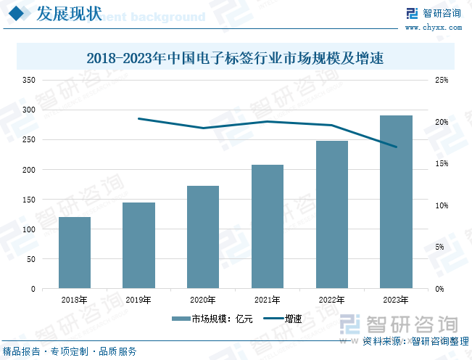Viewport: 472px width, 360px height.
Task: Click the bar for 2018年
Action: pos(75,253)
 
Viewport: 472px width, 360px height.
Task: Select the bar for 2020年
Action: pos(203,237)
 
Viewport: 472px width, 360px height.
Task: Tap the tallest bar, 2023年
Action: pos(396,202)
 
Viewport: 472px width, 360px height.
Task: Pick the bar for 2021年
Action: pos(268,226)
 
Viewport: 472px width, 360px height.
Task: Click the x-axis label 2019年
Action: pos(138,300)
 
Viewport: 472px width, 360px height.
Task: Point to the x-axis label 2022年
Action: pos(331,300)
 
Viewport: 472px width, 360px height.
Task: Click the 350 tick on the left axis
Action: pos(28,80)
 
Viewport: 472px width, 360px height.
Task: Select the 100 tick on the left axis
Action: pos(28,229)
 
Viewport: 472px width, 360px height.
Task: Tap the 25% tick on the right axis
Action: pos(442,80)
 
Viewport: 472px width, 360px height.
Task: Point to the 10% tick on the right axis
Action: pos(442,205)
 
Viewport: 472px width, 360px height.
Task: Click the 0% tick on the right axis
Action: pos(439,289)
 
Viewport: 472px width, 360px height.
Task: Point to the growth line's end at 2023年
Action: pos(396,147)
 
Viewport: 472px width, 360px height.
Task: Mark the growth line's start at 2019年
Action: pos(138,118)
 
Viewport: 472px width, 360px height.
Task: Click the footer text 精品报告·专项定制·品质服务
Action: pos(70,351)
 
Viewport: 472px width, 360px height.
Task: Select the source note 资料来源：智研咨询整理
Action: pos(415,341)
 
